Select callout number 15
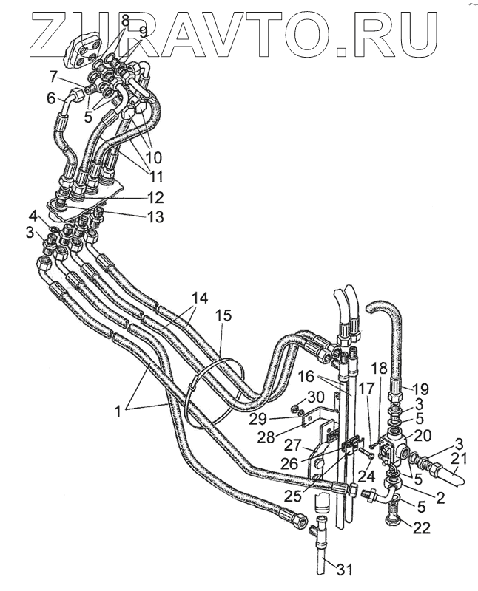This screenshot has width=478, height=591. click(223, 316)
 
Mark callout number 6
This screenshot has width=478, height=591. click(51, 98)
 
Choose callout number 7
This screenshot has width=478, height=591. click(53, 76)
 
